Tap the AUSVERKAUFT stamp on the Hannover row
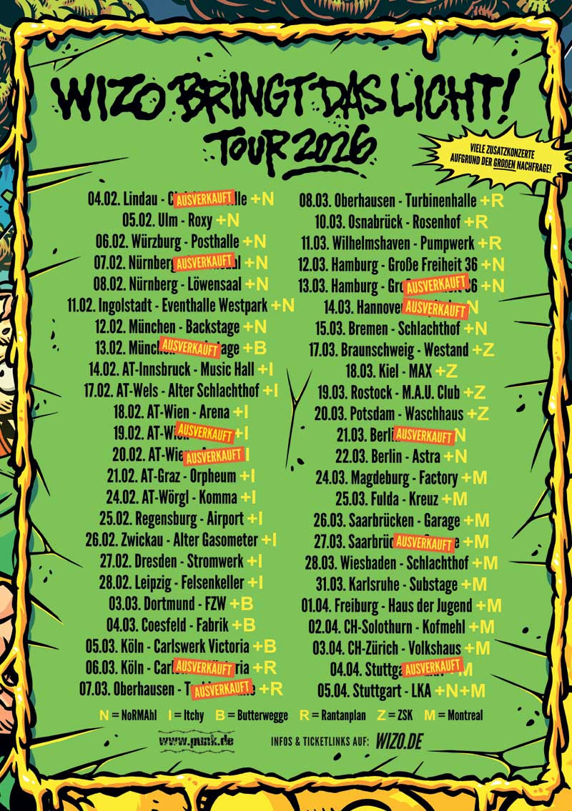pos(435,309)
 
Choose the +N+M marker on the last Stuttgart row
pos(461,690)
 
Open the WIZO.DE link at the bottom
pos(399,742)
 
